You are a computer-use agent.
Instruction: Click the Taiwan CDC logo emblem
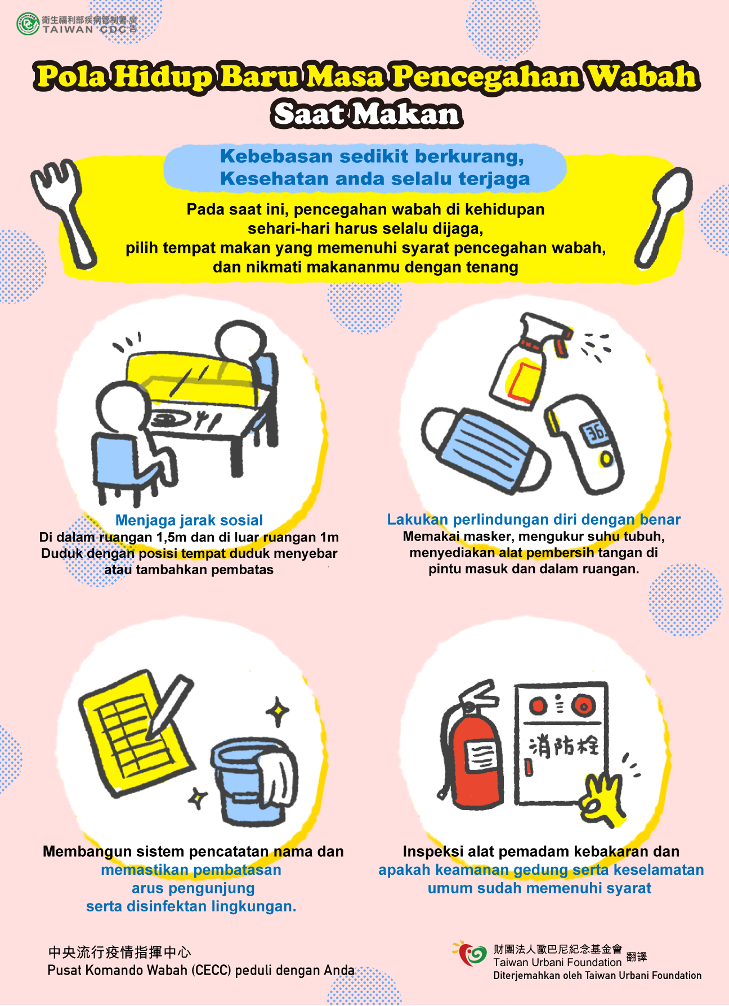[28, 24]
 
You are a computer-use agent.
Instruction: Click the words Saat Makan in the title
[367, 114]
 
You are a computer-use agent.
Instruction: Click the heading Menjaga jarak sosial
[189, 520]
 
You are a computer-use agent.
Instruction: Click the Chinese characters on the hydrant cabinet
[564, 746]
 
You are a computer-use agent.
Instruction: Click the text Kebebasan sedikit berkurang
[372, 156]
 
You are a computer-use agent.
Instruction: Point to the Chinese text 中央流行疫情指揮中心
[120, 952]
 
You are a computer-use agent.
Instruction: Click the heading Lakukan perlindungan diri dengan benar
[534, 519]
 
